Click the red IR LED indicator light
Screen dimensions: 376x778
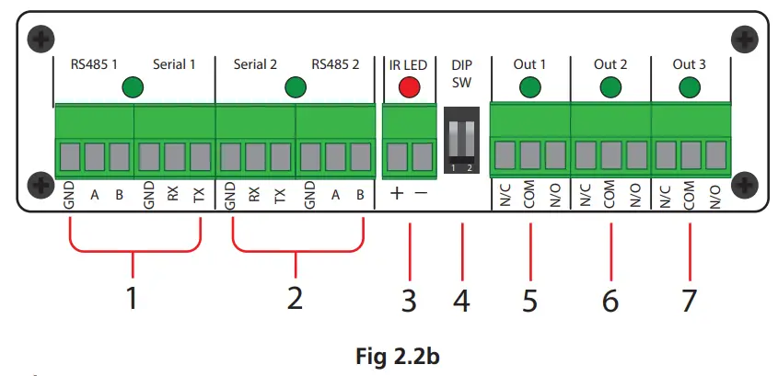click(x=408, y=88)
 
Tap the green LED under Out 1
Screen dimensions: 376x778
click(x=530, y=88)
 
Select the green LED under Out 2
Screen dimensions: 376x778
click(x=610, y=88)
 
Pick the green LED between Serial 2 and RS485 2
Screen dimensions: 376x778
click(x=295, y=88)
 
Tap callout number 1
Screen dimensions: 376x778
click(x=134, y=299)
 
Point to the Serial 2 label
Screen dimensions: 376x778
click(x=255, y=64)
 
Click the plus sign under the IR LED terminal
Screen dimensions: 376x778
click(x=396, y=194)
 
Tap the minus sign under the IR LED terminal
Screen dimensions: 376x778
click(x=422, y=194)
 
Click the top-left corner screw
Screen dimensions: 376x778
click(x=39, y=39)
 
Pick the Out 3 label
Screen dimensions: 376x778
click(x=690, y=64)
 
